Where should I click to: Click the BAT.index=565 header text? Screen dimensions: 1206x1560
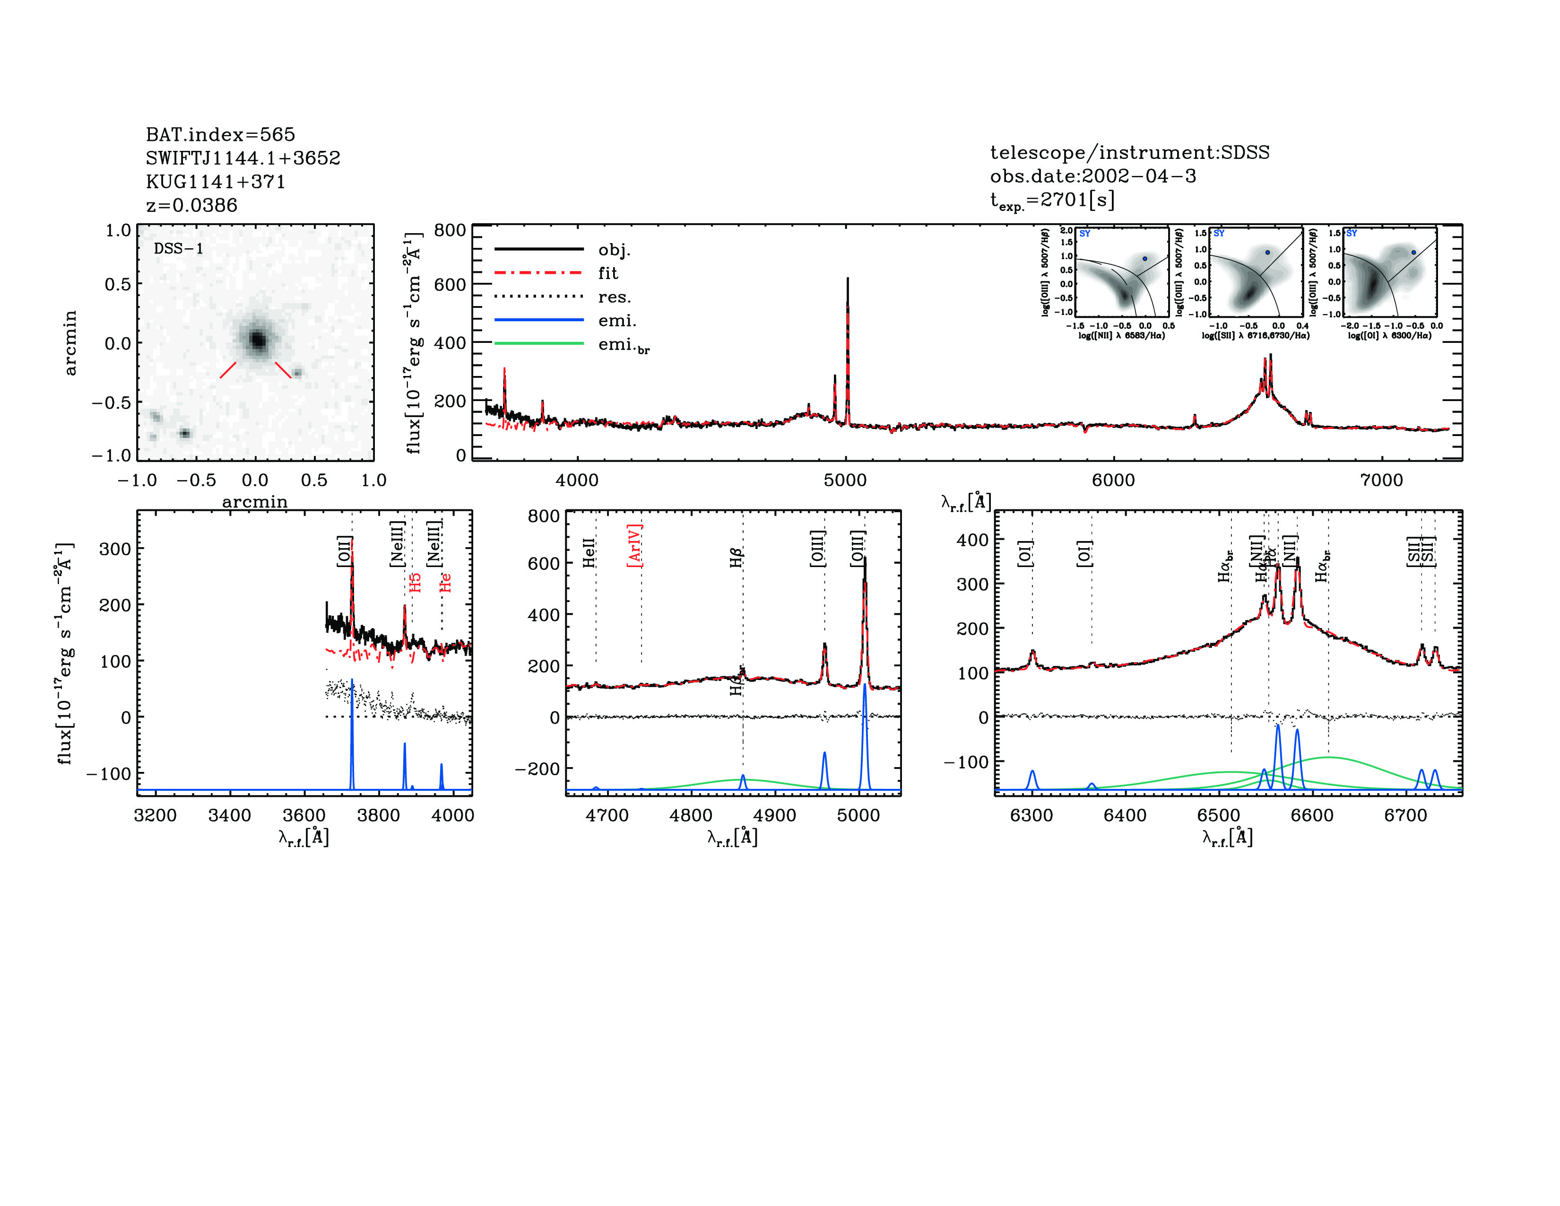[220, 134]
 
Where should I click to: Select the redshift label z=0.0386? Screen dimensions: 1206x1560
[191, 205]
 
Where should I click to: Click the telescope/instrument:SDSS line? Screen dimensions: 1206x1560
[1129, 152]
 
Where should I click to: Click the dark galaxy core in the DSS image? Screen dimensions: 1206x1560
[258, 340]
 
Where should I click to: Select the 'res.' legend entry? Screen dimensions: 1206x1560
[614, 297]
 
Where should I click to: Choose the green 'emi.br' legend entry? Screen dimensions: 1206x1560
[624, 345]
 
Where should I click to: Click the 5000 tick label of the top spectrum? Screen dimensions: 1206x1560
[845, 480]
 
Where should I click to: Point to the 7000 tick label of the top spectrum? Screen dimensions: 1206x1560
[1381, 480]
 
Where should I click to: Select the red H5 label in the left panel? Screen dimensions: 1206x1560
[415, 582]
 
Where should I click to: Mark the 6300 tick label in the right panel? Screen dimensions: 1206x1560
[1031, 815]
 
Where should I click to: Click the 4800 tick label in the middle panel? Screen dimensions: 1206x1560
[691, 815]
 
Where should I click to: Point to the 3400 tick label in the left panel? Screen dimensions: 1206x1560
[229, 815]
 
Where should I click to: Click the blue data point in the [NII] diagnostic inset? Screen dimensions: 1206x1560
[1144, 259]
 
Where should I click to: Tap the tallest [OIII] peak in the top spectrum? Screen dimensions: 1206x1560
[847, 280]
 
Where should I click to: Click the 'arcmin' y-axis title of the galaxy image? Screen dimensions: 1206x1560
[70, 343]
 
